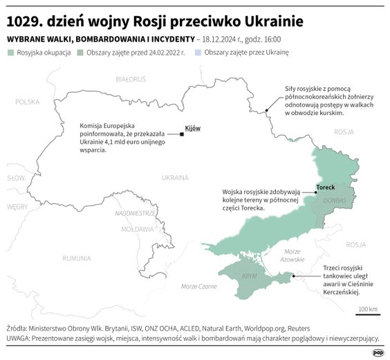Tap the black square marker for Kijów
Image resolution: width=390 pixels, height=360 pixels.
pyautogui.click(x=181, y=134)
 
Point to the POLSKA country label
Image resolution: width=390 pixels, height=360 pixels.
pyautogui.click(x=28, y=102)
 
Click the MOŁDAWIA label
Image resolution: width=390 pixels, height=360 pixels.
pyautogui.click(x=137, y=228)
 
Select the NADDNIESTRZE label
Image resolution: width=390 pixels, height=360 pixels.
pyautogui.click(x=136, y=213)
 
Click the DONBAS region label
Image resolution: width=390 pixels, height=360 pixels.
pyautogui.click(x=335, y=200)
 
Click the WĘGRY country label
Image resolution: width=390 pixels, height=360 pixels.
pyautogui.click(x=17, y=206)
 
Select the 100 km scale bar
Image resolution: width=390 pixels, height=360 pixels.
pyautogui.click(x=369, y=314)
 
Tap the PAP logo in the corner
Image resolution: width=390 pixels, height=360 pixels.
pyautogui.click(x=378, y=352)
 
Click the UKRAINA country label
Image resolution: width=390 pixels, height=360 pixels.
pyautogui.click(x=175, y=177)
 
